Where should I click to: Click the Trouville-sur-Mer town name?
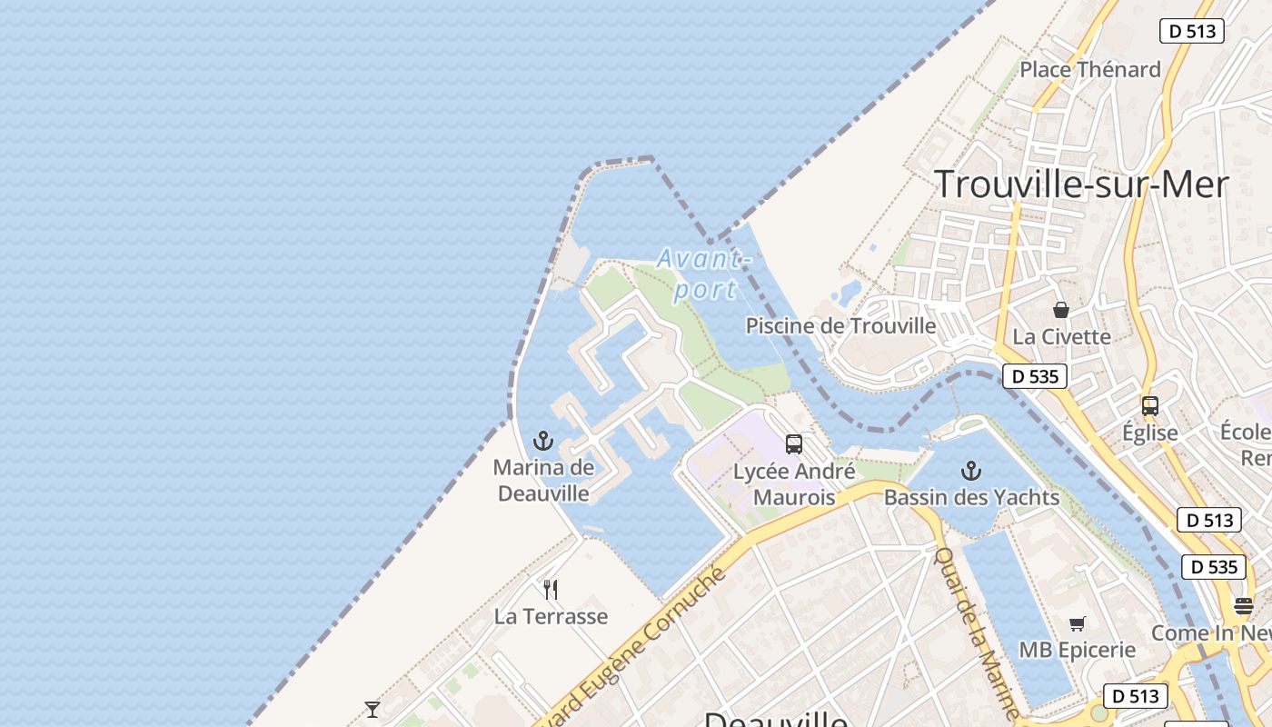click(1081, 184)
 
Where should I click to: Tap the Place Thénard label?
click(1090, 69)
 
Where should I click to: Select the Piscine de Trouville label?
click(840, 325)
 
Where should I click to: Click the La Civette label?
click(1061, 336)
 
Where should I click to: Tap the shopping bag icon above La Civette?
click(1061, 310)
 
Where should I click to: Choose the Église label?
click(1149, 433)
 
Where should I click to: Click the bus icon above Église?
click(1149, 406)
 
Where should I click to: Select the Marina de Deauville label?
click(543, 481)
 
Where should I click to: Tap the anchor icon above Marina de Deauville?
click(543, 443)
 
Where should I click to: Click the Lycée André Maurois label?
click(794, 484)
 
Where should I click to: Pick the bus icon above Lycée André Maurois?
click(794, 444)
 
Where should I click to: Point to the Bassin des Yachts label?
click(971, 497)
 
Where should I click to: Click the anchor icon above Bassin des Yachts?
click(971, 471)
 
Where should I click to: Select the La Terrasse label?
click(551, 616)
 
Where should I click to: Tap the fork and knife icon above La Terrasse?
click(551, 590)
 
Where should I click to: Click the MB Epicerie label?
click(1078, 650)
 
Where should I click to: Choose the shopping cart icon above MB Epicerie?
click(1078, 624)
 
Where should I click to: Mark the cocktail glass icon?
click(373, 709)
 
